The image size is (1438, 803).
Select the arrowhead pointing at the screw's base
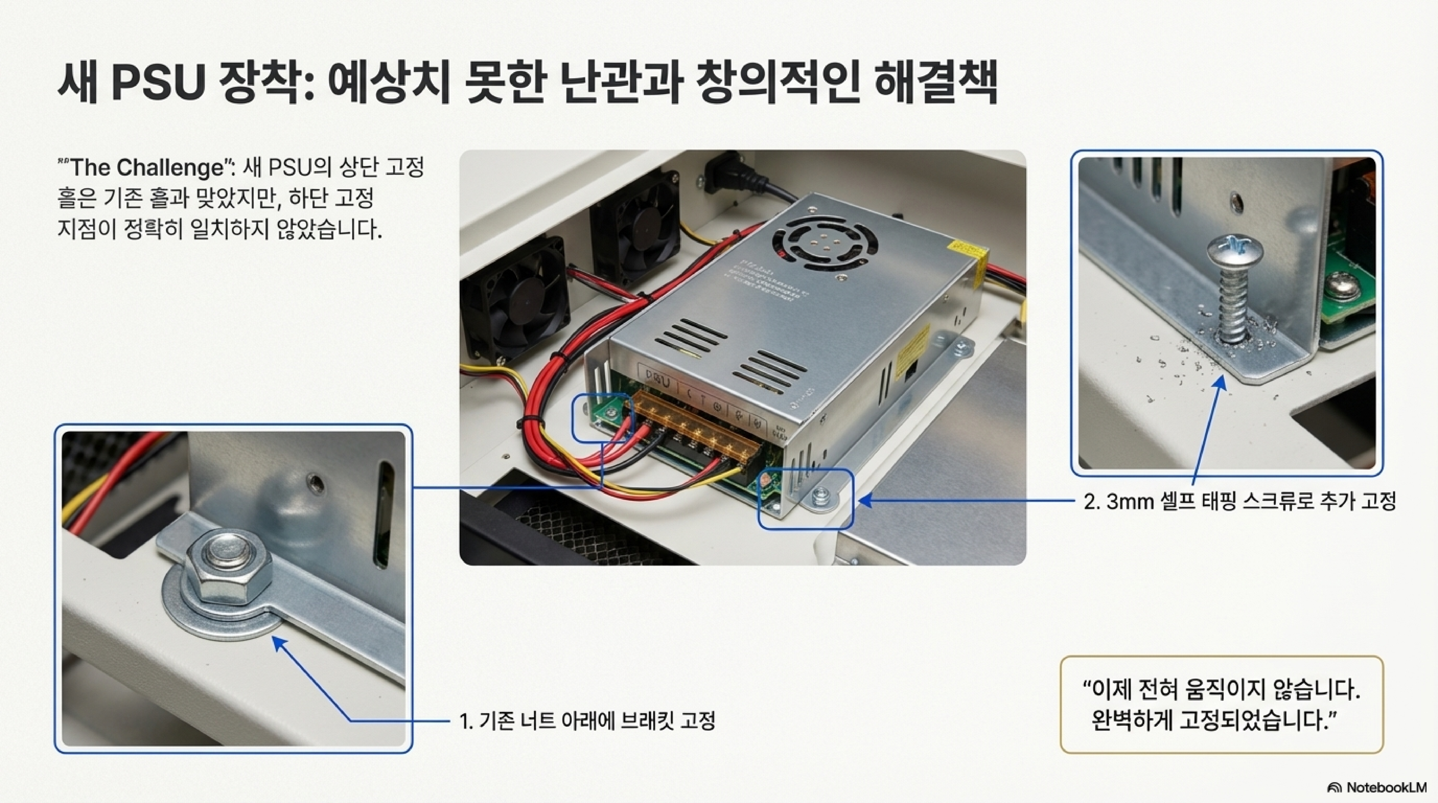pyautogui.click(x=1221, y=382)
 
